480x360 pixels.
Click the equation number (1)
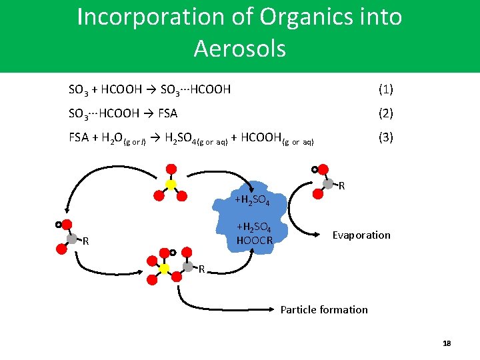click(x=385, y=89)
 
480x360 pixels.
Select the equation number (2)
click(x=385, y=113)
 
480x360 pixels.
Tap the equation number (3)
click(x=385, y=138)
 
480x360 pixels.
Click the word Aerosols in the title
click(x=240, y=48)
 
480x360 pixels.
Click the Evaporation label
click(x=361, y=235)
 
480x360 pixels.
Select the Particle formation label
click(x=324, y=309)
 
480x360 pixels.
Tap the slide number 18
click(x=447, y=343)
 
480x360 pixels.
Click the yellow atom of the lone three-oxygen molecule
click(x=171, y=184)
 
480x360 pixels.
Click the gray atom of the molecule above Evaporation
click(x=328, y=183)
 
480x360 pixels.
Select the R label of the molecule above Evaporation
click(x=342, y=185)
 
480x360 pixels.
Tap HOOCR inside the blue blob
click(x=255, y=240)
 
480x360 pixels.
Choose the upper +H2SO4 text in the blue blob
click(x=251, y=201)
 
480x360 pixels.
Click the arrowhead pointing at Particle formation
click(x=274, y=309)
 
